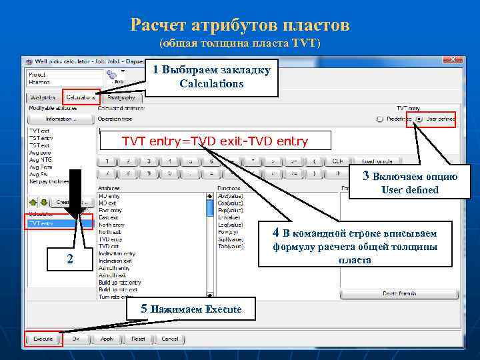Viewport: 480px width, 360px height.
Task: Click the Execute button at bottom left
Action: point(43,339)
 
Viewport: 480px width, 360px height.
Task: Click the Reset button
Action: point(138,339)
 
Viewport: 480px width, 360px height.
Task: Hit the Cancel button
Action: point(170,339)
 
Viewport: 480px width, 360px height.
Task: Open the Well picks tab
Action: point(44,97)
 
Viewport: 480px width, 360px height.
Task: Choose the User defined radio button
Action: point(417,119)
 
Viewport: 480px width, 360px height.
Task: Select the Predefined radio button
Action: point(379,119)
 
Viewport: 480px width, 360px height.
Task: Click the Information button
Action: point(61,119)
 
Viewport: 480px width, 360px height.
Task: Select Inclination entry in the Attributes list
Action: point(117,253)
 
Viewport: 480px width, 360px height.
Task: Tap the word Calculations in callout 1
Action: point(211,84)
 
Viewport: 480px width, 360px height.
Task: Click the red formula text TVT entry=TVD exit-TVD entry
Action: point(215,141)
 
